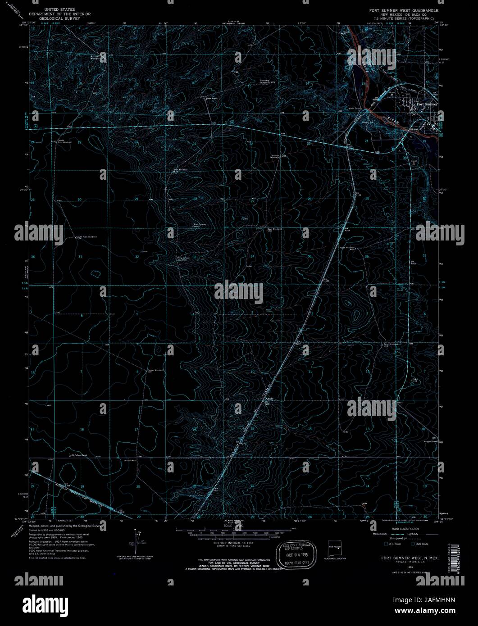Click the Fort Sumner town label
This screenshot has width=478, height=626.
[427, 104]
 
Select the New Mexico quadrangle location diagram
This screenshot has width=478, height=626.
[335, 549]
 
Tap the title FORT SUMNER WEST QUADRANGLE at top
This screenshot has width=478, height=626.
[404, 9]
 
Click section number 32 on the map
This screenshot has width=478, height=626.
[137, 256]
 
